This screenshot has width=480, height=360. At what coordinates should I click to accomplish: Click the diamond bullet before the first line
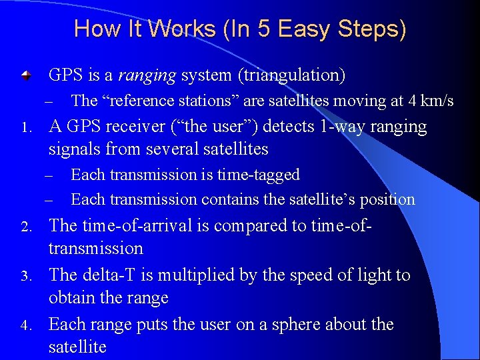(x=25, y=76)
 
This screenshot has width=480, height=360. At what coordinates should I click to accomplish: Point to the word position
(x=387, y=199)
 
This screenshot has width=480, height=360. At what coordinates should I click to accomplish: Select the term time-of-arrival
(x=137, y=225)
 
